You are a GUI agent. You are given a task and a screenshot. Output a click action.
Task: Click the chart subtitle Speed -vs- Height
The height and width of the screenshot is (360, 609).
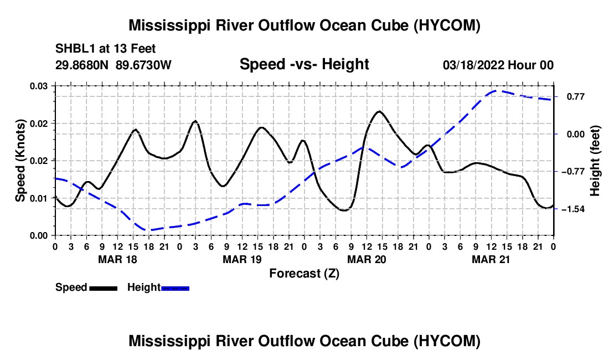click(x=304, y=64)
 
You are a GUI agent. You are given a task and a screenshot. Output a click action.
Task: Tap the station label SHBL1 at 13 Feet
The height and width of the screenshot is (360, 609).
click(x=105, y=49)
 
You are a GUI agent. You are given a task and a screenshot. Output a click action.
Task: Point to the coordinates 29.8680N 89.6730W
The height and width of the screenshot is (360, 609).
click(x=113, y=65)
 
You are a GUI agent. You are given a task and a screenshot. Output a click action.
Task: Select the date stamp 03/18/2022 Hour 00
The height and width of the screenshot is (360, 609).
click(x=498, y=65)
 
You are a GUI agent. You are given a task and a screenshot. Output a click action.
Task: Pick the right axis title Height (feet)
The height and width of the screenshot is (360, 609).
click(x=595, y=161)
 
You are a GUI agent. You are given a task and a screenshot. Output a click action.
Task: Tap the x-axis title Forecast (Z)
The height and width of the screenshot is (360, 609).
click(x=304, y=274)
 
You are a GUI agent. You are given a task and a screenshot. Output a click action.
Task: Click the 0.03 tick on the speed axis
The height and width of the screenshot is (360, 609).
click(x=39, y=86)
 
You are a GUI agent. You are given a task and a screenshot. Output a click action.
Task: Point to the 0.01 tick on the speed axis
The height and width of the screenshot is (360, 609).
click(x=39, y=198)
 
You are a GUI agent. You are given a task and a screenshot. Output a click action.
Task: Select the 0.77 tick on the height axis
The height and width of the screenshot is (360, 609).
click(x=576, y=97)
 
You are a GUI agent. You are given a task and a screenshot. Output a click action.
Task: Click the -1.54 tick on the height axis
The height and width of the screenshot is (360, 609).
click(x=573, y=209)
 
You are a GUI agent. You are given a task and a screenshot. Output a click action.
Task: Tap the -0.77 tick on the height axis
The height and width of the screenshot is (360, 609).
click(x=573, y=172)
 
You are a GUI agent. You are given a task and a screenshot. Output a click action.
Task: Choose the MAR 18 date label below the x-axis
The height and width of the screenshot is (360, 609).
click(x=118, y=260)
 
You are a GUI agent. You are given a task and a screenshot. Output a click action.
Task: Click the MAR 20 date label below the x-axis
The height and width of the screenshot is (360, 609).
click(x=367, y=260)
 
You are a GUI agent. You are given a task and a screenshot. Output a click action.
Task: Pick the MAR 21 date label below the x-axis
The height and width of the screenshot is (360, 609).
click(x=491, y=260)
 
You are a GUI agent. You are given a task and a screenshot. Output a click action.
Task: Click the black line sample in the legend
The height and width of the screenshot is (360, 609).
click(x=104, y=289)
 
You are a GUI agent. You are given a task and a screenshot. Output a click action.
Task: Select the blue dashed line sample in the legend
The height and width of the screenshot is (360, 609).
click(x=175, y=289)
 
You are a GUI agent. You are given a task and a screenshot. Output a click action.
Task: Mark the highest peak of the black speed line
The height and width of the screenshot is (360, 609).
click(x=379, y=111)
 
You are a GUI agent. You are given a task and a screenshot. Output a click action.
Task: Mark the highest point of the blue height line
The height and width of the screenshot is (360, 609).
click(x=496, y=91)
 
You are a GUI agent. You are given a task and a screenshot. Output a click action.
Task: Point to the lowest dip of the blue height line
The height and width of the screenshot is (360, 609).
click(x=148, y=230)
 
